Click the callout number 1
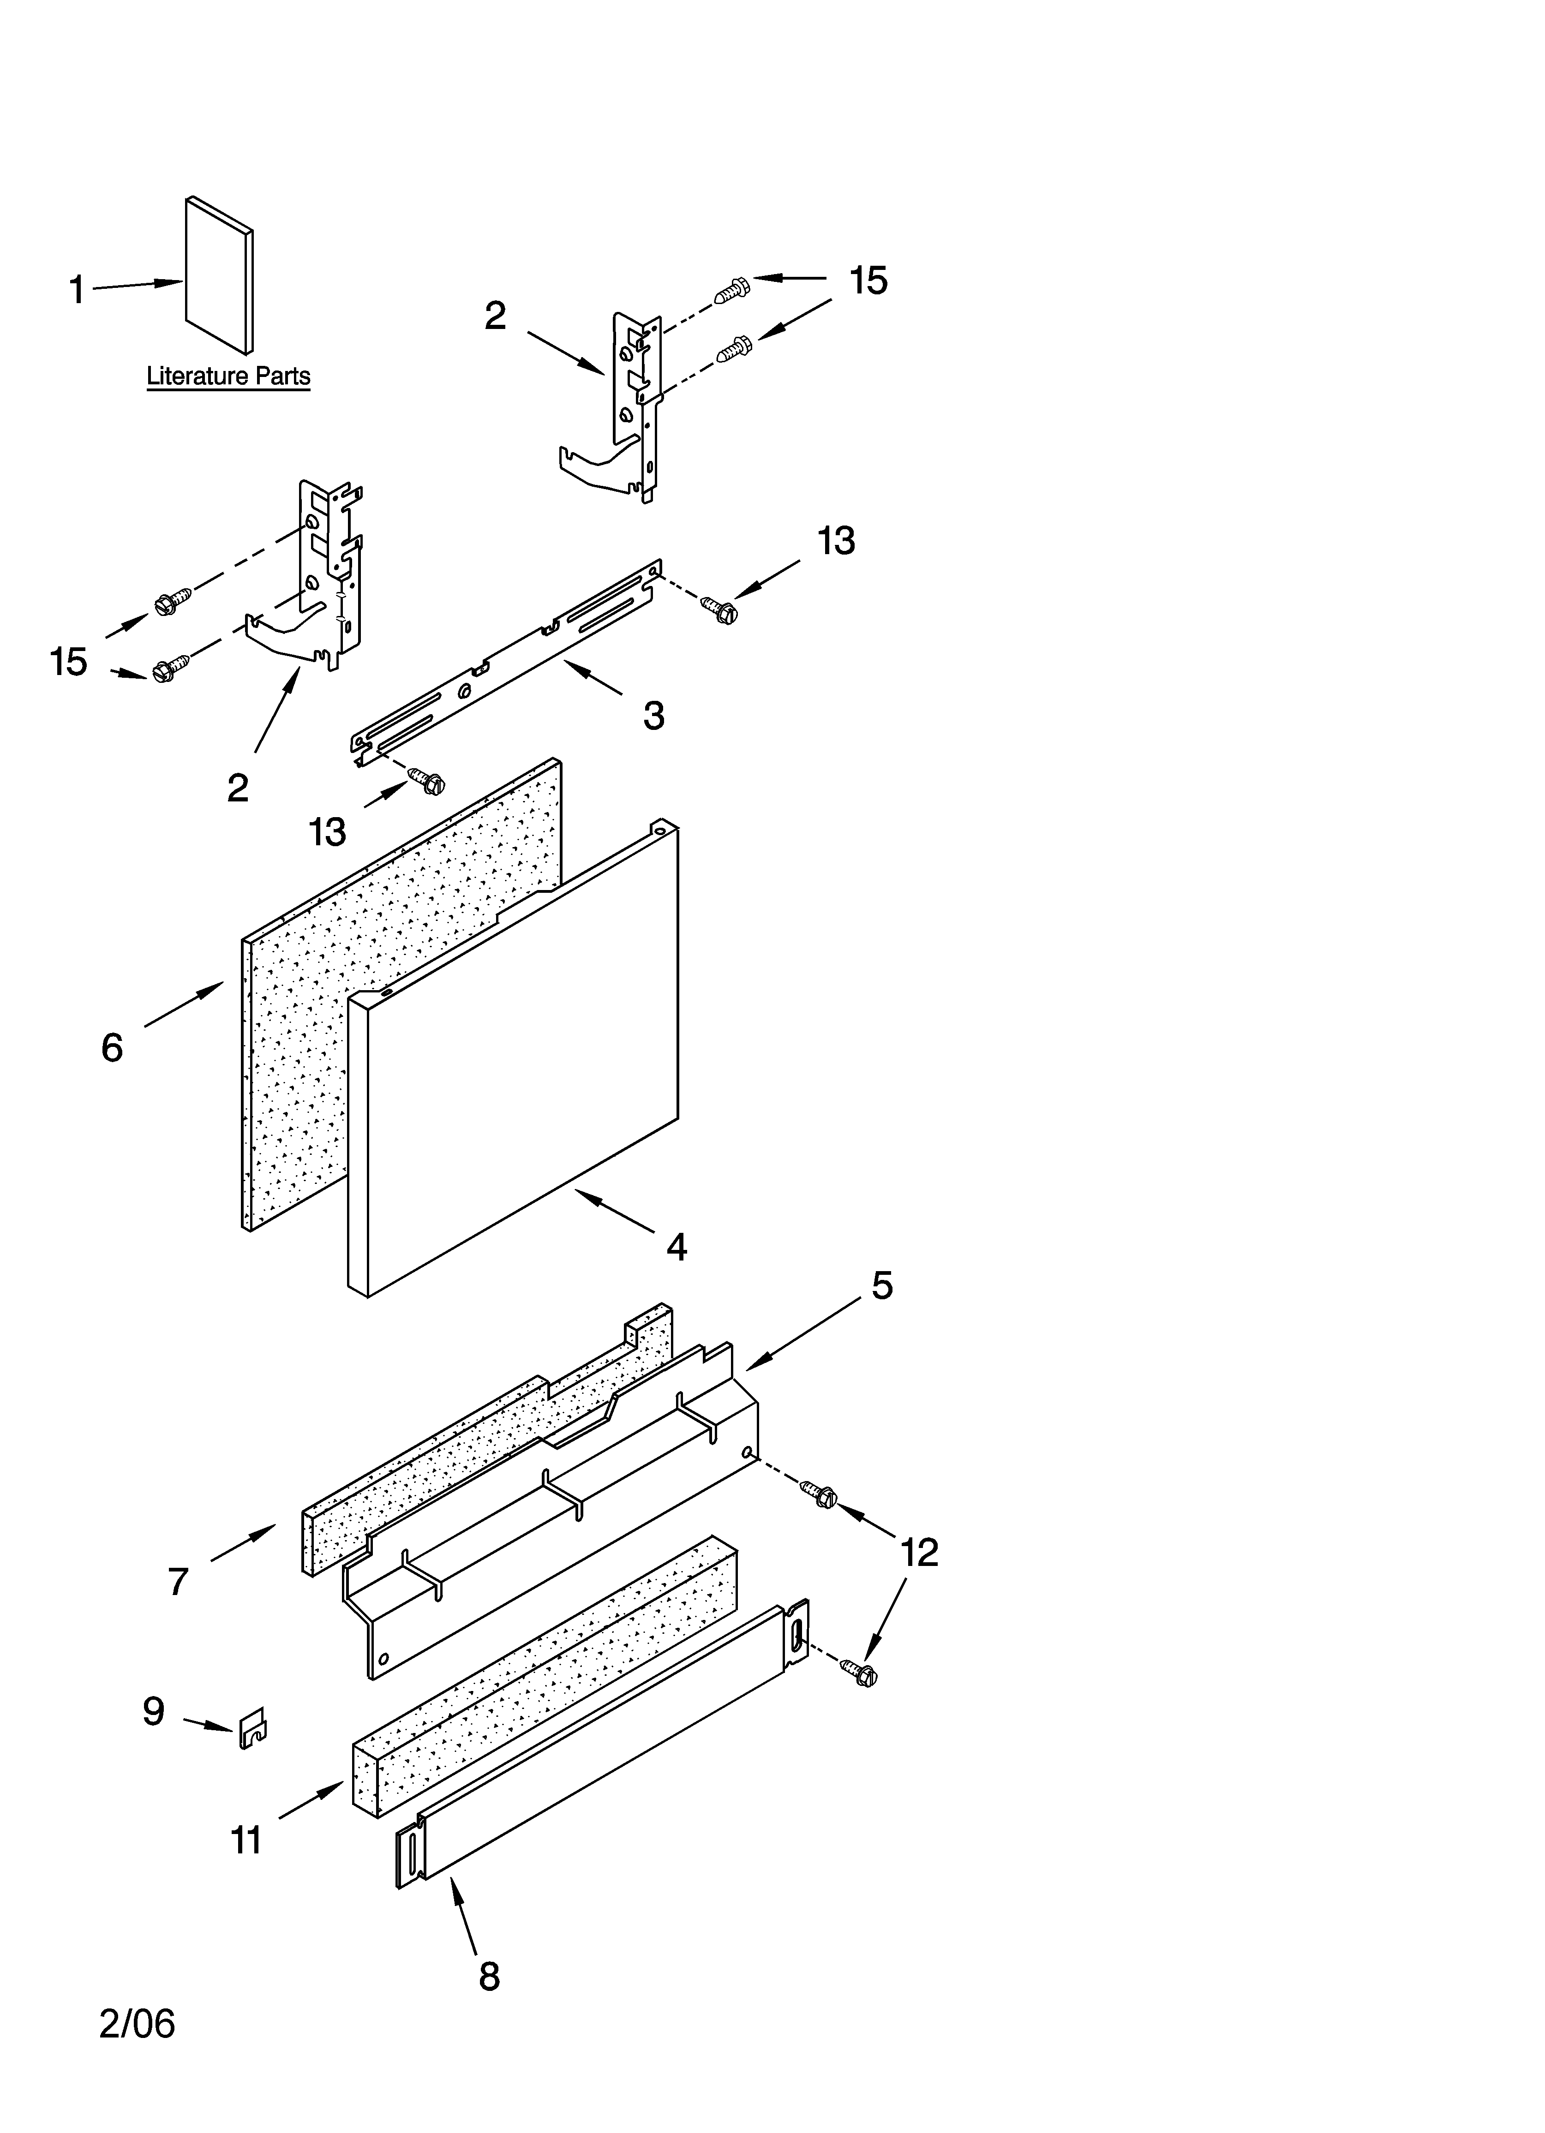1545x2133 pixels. (x=77, y=290)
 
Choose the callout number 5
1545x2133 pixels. (x=880, y=1285)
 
